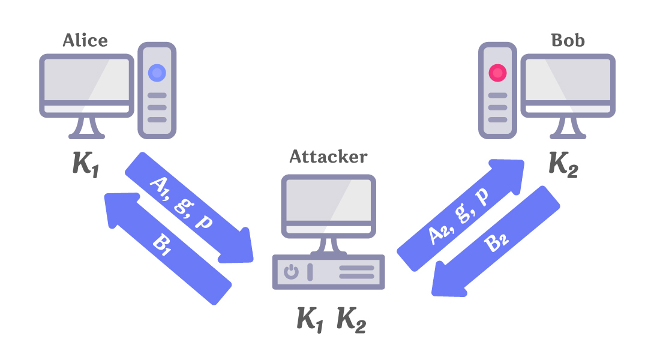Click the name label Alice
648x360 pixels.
click(x=85, y=41)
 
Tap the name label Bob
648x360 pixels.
click(x=568, y=41)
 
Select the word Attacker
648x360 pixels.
click(x=328, y=157)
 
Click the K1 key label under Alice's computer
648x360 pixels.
click(x=85, y=163)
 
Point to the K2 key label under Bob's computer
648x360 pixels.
click(x=563, y=163)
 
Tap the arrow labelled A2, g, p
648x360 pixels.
click(x=459, y=207)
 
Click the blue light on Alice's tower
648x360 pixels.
click(x=157, y=73)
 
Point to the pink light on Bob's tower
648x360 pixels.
click(x=497, y=73)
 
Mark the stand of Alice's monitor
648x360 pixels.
click(x=85, y=127)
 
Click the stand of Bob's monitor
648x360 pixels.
click(x=568, y=127)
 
